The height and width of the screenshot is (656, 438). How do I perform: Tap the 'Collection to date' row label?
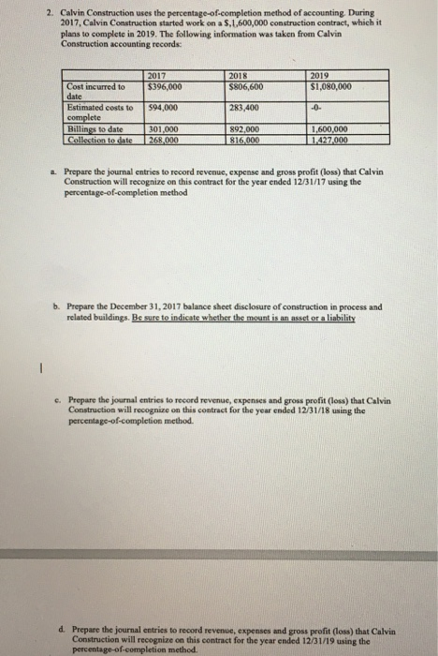tap(97, 140)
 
